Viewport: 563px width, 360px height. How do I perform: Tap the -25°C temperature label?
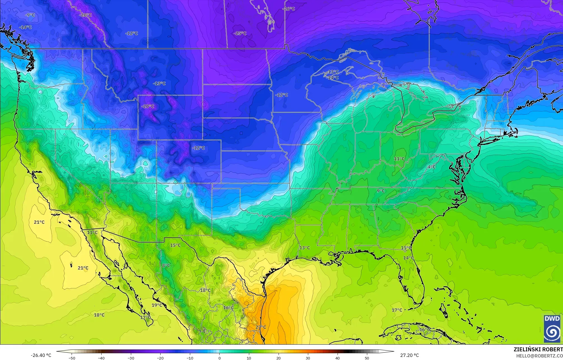(x=240, y=33)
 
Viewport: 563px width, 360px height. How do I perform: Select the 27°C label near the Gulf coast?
(x=261, y=327)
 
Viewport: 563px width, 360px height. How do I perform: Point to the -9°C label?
(x=30, y=15)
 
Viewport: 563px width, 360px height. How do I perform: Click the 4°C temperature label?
(x=432, y=167)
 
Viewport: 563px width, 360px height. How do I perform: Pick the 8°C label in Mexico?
(x=166, y=265)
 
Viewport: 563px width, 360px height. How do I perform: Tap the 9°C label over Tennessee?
(x=381, y=191)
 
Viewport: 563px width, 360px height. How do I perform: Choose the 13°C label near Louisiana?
(x=305, y=248)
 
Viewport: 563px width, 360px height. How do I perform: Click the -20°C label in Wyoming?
(x=148, y=106)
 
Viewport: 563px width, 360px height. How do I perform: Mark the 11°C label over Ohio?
(x=399, y=159)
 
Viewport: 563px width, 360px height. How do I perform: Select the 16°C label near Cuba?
(x=424, y=330)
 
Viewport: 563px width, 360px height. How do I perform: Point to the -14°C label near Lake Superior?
(x=333, y=77)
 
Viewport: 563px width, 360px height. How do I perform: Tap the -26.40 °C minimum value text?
(x=41, y=355)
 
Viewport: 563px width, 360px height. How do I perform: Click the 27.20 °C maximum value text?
(x=409, y=355)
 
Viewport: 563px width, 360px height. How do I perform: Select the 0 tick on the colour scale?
(x=220, y=358)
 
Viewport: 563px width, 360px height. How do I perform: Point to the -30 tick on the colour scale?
(x=131, y=358)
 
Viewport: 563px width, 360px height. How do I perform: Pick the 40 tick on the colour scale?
(x=338, y=358)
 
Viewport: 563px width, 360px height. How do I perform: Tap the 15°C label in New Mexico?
(x=175, y=245)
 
